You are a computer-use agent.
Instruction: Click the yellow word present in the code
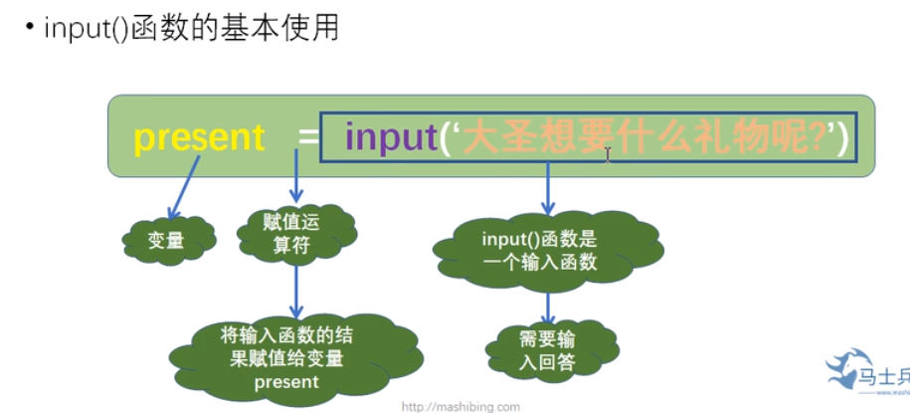pyautogui.click(x=199, y=137)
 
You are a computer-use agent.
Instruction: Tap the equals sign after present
pyautogui.click(x=305, y=138)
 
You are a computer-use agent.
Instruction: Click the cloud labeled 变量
pyautogui.click(x=167, y=239)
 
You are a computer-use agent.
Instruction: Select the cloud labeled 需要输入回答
pyautogui.click(x=546, y=348)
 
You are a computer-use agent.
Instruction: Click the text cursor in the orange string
pyautogui.click(x=609, y=153)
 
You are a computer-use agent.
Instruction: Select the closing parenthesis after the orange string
pyautogui.click(x=843, y=137)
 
